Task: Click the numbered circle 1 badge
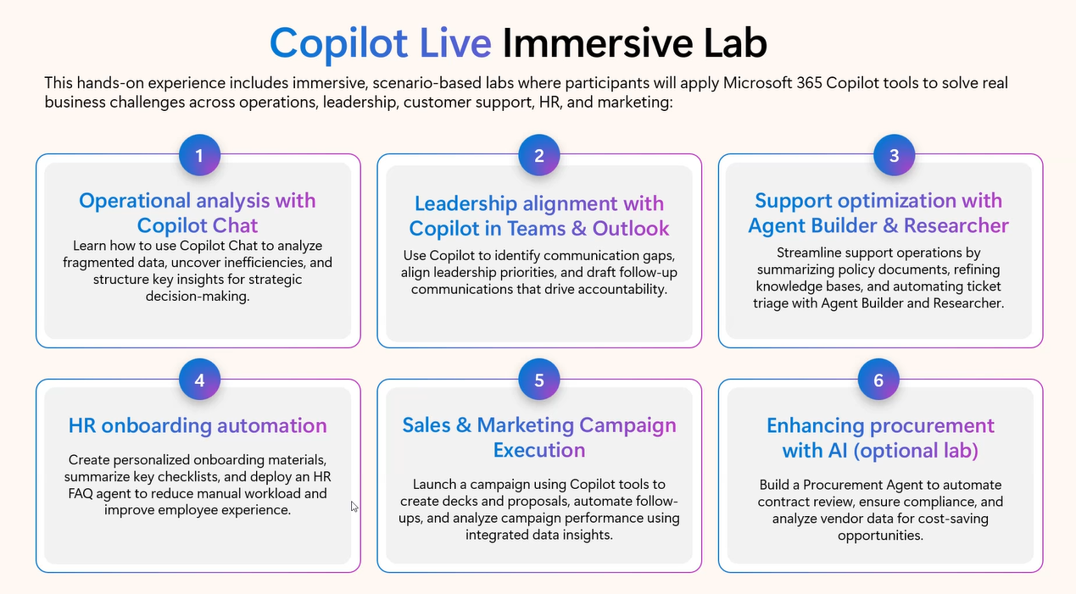tap(199, 155)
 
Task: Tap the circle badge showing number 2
tap(539, 155)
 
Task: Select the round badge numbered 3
tap(894, 155)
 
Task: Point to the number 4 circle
tap(199, 380)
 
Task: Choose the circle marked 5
tap(539, 380)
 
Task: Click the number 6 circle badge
tap(878, 380)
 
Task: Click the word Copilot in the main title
tap(338, 44)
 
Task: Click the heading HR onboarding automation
tap(198, 425)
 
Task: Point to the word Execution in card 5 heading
tap(539, 450)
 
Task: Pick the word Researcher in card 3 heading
tap(956, 225)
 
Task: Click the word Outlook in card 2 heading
tap(631, 229)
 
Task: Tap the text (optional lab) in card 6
tap(916, 451)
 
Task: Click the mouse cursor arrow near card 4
tap(354, 507)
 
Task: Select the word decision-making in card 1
tap(198, 297)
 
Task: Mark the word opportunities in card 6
tap(880, 536)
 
